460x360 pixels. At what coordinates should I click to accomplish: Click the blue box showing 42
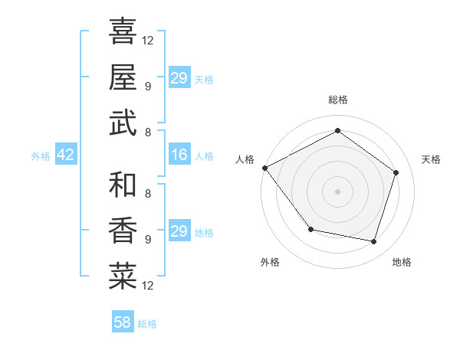pos(65,155)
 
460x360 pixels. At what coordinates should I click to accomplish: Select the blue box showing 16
pos(179,155)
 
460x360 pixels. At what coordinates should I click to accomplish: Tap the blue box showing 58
pos(123,322)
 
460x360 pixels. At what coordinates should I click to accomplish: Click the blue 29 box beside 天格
pos(179,78)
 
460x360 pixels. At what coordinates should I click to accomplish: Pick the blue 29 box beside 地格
pos(179,231)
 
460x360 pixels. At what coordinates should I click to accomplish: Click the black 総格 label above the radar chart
pos(338,100)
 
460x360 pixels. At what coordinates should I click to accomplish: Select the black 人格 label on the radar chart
pos(245,159)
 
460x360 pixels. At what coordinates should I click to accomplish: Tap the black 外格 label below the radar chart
pos(270,262)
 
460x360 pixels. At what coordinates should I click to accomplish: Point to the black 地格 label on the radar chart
pos(402,262)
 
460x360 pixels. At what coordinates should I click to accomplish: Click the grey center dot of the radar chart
pos(337,191)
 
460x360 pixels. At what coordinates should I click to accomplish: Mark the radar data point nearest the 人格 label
pos(265,168)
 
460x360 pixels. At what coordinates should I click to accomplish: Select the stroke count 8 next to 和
pos(148,193)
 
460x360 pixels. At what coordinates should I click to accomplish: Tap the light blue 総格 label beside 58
pos(147,324)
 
